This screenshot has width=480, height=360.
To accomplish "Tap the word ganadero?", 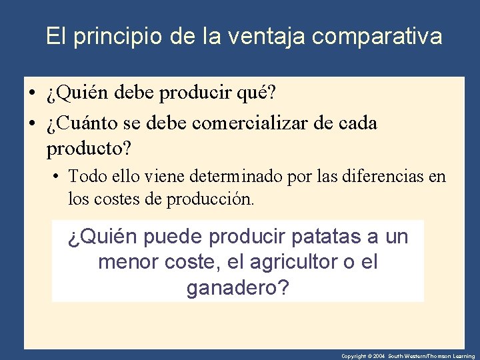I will pyautogui.click(x=238, y=289).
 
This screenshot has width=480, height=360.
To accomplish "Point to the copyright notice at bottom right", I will pyautogui.click(x=408, y=356).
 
